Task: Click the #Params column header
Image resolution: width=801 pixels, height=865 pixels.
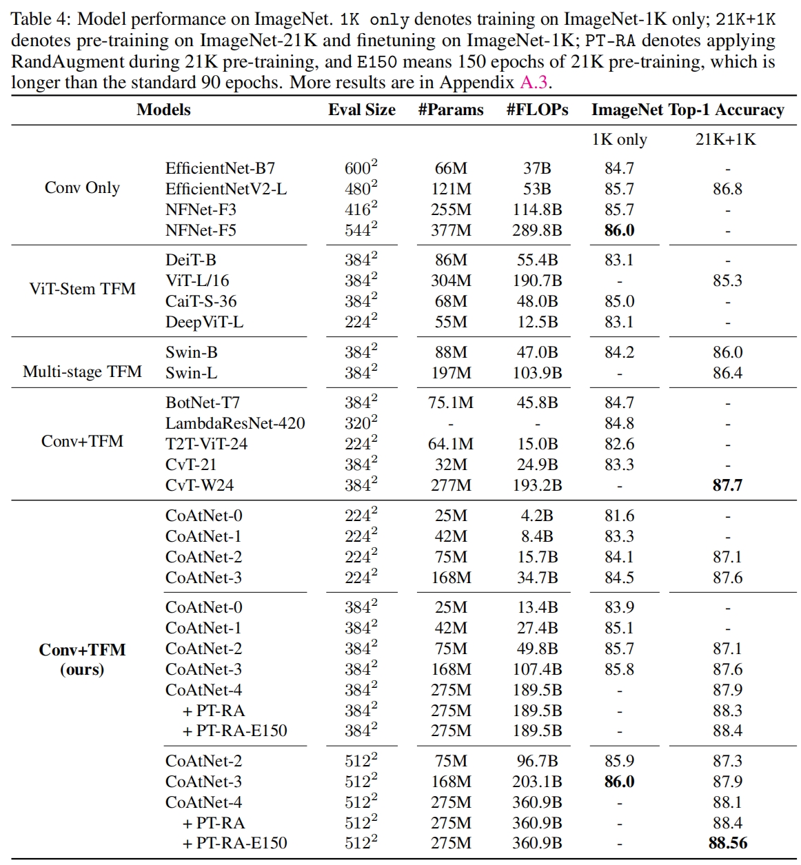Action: pyautogui.click(x=451, y=110)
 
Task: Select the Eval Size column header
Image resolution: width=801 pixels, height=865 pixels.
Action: pyautogui.click(x=362, y=110)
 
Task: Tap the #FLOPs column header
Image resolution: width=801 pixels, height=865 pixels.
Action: pyautogui.click(x=537, y=110)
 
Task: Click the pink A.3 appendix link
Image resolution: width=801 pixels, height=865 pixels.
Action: pyautogui.click(x=534, y=82)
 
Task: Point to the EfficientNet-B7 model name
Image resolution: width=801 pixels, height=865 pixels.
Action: pyautogui.click(x=220, y=168)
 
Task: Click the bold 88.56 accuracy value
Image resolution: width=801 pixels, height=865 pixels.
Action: pyautogui.click(x=728, y=842)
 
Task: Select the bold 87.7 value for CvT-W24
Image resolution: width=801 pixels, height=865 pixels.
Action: pyautogui.click(x=727, y=485)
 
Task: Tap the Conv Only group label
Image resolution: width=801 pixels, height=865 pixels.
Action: pyautogui.click(x=82, y=187)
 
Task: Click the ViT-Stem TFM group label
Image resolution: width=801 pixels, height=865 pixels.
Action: pyautogui.click(x=82, y=289)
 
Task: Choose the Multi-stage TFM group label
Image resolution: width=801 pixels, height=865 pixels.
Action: pyautogui.click(x=82, y=372)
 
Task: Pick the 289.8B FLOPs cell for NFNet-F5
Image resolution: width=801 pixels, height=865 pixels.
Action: pyautogui.click(x=537, y=230)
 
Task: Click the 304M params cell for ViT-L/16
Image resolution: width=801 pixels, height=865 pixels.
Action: pyautogui.click(x=451, y=281)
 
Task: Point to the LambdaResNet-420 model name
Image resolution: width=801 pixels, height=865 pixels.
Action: pyautogui.click(x=235, y=423)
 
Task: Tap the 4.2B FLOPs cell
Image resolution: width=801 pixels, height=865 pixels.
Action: pyautogui.click(x=537, y=516)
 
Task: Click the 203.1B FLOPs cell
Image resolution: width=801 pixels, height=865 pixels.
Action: pyautogui.click(x=537, y=781)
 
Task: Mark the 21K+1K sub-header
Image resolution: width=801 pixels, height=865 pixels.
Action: pyautogui.click(x=726, y=139)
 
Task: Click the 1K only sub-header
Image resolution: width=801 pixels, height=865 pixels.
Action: pyautogui.click(x=619, y=139)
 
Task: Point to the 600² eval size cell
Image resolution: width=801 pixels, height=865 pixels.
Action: pyautogui.click(x=361, y=167)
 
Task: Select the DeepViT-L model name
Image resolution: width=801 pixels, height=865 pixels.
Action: pyautogui.click(x=204, y=323)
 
